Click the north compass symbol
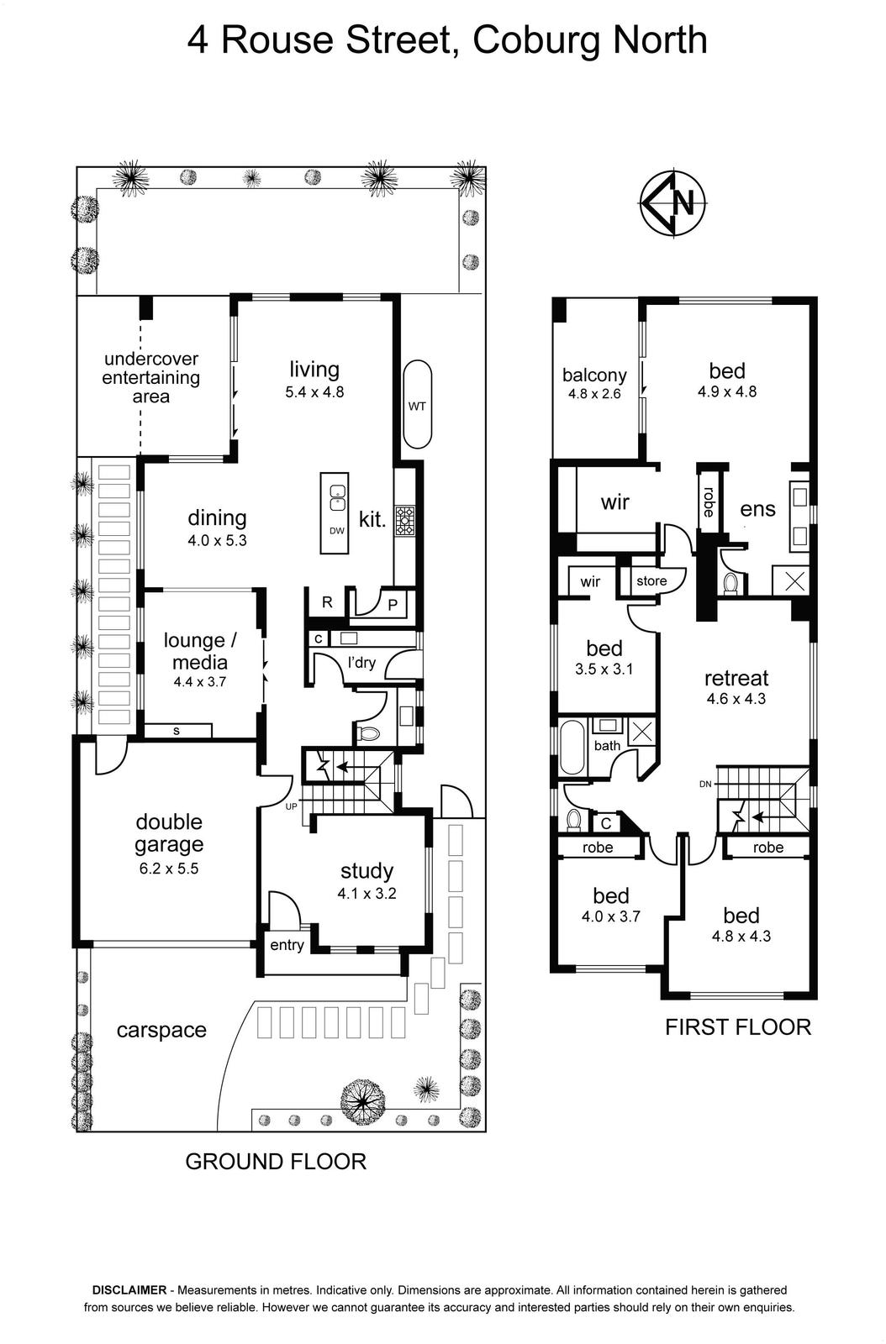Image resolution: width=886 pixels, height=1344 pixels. tap(672, 202)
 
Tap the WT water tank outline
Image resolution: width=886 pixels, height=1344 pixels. tap(417, 404)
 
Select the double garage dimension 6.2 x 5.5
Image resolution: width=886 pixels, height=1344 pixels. tap(169, 869)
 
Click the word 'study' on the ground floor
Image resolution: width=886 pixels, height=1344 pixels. tap(367, 871)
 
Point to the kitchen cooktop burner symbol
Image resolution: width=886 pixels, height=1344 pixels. tap(404, 520)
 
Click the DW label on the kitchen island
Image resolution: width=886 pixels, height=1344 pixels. tap(337, 530)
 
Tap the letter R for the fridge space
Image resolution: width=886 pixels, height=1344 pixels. tap(327, 602)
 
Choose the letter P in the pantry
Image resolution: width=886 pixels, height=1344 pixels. tap(393, 605)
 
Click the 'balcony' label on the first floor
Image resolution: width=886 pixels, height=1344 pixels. tap(594, 375)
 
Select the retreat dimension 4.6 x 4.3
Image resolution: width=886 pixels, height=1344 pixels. tap(736, 698)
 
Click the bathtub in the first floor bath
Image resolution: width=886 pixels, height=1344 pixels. tap(571, 747)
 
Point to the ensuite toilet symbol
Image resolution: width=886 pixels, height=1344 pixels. tap(730, 583)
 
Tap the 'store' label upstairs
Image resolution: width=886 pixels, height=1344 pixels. tap(651, 580)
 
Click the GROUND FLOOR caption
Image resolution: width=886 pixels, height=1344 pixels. tap(276, 1162)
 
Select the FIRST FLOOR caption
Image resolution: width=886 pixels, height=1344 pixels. tap(738, 1027)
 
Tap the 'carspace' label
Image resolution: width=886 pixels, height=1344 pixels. tap(161, 1030)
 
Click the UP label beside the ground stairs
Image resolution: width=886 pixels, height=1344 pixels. tap(291, 806)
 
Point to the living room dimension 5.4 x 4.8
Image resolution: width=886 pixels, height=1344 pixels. tap(314, 391)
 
